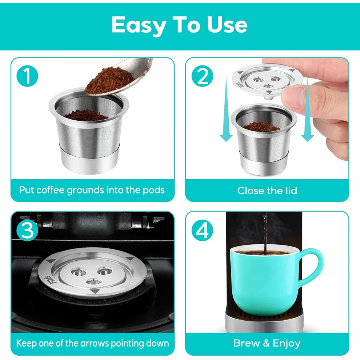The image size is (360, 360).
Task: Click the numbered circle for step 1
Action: tap(27, 76)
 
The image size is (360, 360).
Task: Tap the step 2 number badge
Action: tap(202, 76)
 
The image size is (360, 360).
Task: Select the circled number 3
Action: tap(27, 230)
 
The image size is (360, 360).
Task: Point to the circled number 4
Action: tap(202, 230)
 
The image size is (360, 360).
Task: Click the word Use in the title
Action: tap(227, 24)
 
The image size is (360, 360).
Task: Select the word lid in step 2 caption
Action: tap(291, 191)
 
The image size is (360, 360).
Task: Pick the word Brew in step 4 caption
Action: tap(246, 343)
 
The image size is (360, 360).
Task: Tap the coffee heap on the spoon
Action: tap(110, 80)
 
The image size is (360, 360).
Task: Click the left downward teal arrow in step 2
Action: tap(226, 109)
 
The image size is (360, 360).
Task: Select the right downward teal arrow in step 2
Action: tap(307, 109)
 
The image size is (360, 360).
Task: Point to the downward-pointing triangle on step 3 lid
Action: tap(94, 292)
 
